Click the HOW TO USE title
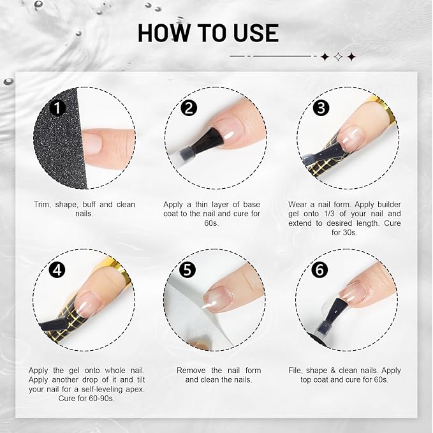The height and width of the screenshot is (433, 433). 208,33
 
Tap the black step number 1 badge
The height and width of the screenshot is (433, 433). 58,108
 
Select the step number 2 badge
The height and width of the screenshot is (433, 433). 188,108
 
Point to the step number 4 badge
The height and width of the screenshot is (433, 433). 58,269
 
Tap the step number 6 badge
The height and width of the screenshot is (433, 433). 318,269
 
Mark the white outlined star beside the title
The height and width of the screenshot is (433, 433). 337,57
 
